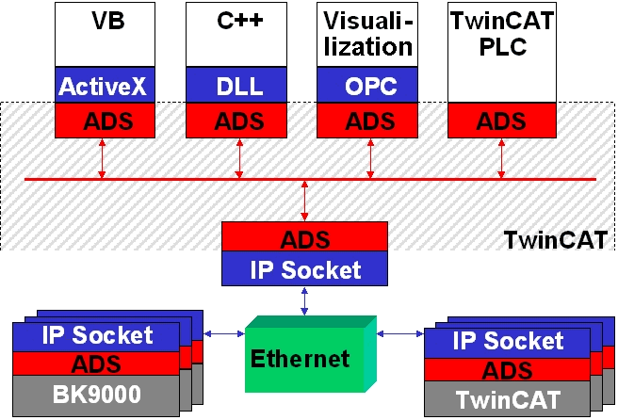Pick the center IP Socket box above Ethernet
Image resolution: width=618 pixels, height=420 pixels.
click(x=304, y=270)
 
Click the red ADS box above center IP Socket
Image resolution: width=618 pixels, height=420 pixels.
click(x=304, y=236)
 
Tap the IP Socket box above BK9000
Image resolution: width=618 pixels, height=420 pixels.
click(x=95, y=334)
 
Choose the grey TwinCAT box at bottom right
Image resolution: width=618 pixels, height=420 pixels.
click(x=507, y=399)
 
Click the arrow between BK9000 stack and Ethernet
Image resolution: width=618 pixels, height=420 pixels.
click(x=224, y=334)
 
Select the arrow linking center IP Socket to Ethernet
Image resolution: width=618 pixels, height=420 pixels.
click(x=304, y=301)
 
